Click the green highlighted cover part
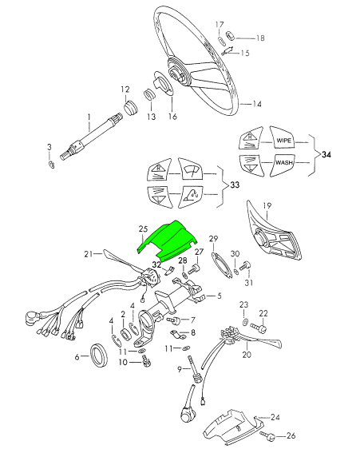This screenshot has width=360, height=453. pos(168,241)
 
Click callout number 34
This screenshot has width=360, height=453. pos(326,155)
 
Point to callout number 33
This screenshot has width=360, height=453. pos(235,185)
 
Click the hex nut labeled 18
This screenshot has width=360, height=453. pos(231,36)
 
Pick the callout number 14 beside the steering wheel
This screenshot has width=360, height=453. pos(257,104)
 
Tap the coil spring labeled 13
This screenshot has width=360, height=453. pos(149,95)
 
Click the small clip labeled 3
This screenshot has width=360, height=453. pos(51,165)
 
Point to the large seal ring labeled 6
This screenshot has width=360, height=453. pos(99,355)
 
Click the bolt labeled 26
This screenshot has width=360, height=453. pos(267,435)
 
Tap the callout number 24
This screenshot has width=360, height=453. pos(275,417)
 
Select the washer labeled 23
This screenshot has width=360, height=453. pos(245,322)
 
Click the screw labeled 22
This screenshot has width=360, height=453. pos(258,328)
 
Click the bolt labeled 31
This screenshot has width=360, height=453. pos(245,265)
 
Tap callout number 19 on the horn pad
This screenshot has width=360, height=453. pos(267,205)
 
